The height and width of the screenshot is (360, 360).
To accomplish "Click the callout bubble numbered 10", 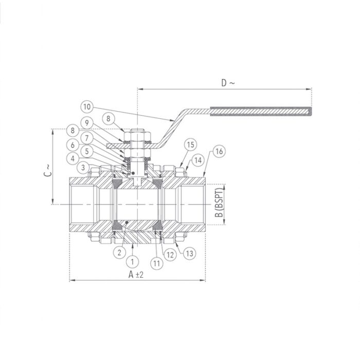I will pyautogui.click(x=87, y=107).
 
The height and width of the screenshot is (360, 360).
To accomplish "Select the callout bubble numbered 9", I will pyautogui.click(x=87, y=123).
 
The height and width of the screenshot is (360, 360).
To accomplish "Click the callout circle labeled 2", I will pyautogui.click(x=119, y=252).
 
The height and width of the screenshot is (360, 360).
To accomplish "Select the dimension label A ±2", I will pyautogui.click(x=136, y=275).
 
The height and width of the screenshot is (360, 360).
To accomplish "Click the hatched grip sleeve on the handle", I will pyautogui.click(x=260, y=110).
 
